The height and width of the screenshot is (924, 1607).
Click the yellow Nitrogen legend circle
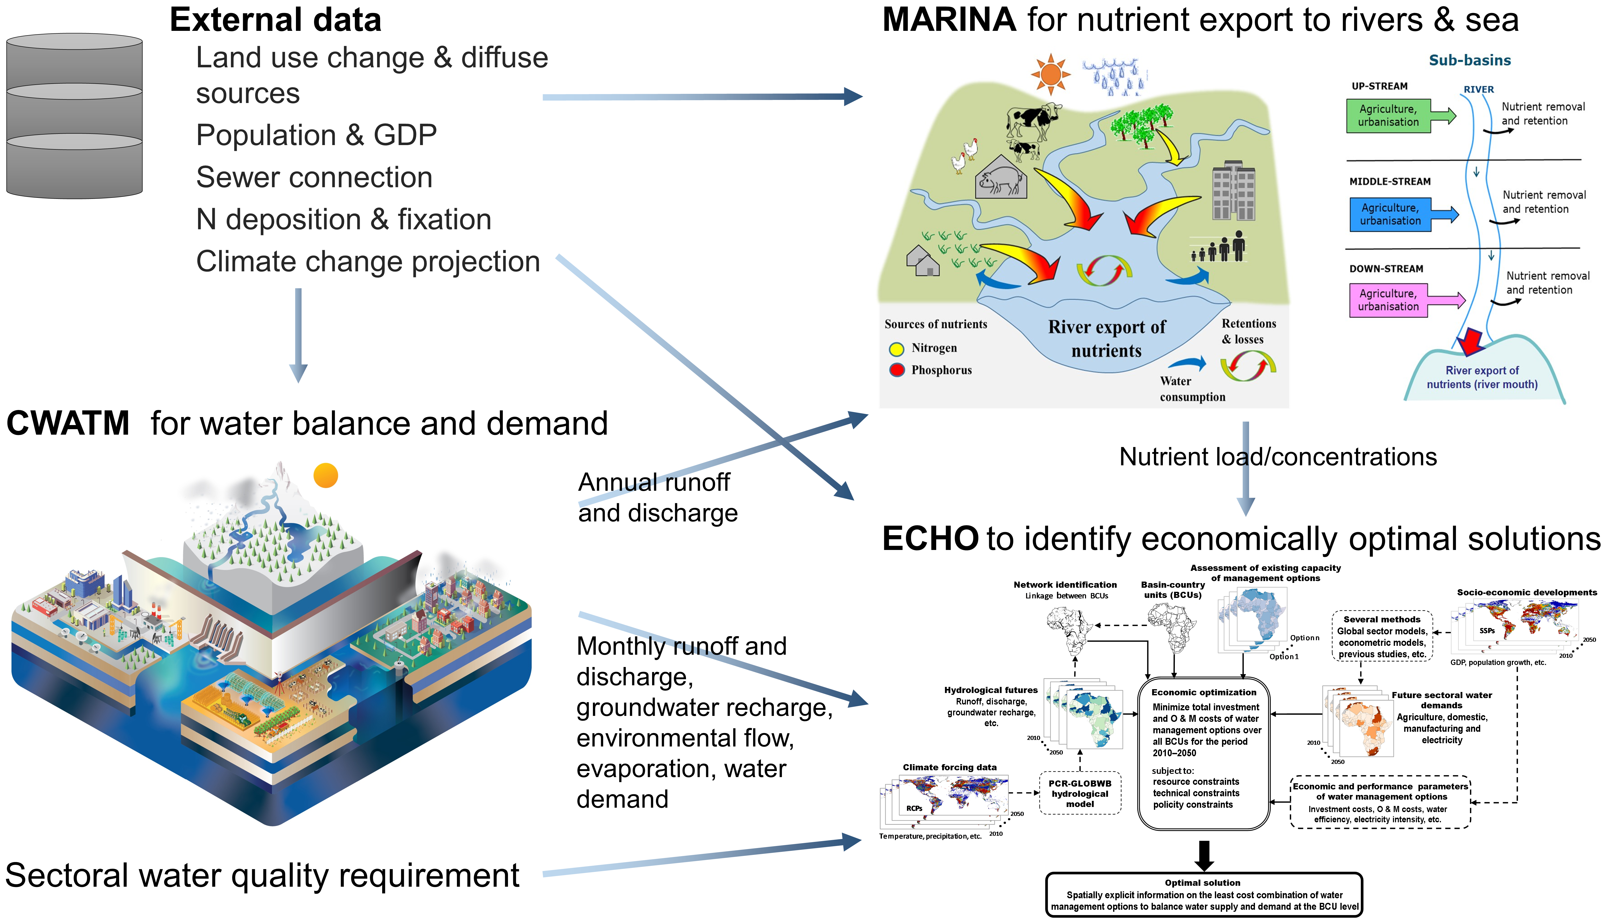pyautogui.click(x=896, y=348)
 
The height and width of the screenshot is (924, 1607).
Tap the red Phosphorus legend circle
pyautogui.click(x=896, y=370)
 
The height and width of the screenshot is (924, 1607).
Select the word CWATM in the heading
pyautogui.click(x=68, y=423)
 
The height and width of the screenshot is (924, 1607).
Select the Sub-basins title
pyautogui.click(x=1470, y=60)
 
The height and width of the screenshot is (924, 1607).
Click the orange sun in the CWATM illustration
pyautogui.click(x=326, y=475)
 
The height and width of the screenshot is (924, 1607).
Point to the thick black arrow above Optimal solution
pyautogui.click(x=1204, y=855)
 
